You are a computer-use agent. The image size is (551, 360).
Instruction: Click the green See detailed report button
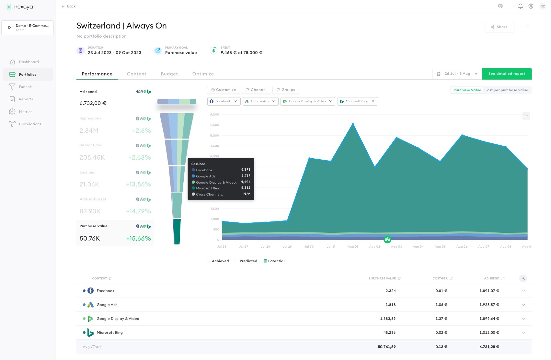[x=507, y=74]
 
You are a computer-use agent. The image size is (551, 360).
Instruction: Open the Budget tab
[x=169, y=74]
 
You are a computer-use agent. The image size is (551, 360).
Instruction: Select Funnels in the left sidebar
[x=26, y=87]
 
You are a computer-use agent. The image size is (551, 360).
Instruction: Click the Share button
[x=499, y=27]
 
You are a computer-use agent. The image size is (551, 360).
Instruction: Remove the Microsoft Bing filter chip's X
[x=373, y=101]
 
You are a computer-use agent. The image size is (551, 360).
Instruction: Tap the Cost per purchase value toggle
[x=506, y=90]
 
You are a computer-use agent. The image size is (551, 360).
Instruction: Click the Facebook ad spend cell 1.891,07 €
[x=489, y=291]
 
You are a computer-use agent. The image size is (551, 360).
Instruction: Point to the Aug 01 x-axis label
[x=352, y=247]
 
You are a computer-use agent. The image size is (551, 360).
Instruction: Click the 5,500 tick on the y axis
[x=214, y=125]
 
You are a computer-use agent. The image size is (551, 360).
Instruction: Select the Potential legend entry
[x=276, y=261]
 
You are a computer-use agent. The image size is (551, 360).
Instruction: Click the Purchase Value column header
[x=382, y=278]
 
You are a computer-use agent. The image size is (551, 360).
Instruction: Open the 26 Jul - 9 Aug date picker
[x=457, y=74]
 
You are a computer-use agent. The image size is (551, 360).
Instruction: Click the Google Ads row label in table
[x=107, y=305]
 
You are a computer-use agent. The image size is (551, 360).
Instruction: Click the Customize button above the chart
[x=224, y=90]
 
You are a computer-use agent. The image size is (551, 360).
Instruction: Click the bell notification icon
[x=520, y=6]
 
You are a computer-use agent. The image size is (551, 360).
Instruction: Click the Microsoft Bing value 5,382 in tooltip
[x=246, y=188]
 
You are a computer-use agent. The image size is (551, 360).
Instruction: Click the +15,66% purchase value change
[x=138, y=239]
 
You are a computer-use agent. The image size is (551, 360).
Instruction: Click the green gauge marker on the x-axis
[x=387, y=240]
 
